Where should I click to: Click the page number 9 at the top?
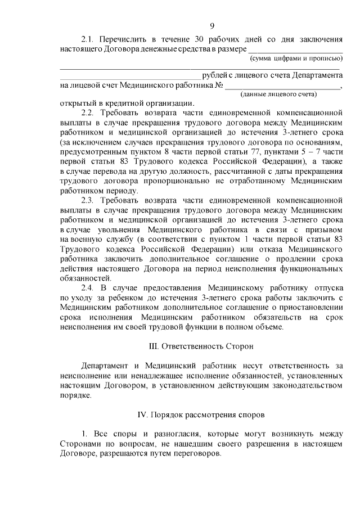tap(211, 25)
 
